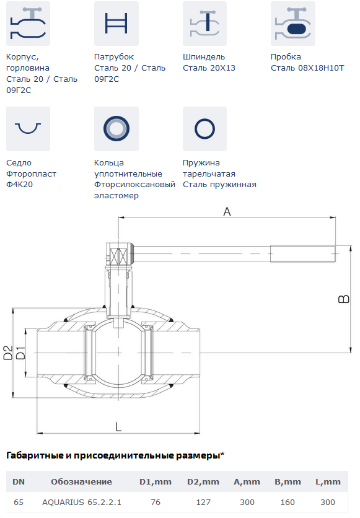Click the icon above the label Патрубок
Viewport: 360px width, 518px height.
coord(116,24)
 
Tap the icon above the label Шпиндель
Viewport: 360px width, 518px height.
coord(204,24)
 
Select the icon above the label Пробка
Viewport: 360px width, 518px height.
coord(293,24)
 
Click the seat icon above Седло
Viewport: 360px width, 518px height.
coord(28,128)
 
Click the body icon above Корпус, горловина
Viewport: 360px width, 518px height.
coord(28,24)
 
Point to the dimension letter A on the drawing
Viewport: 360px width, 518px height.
coord(227,212)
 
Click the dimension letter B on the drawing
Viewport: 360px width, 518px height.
coord(344,299)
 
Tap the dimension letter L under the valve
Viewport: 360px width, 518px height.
coord(118,427)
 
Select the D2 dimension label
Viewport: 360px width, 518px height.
coord(8,353)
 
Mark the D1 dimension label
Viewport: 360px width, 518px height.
coord(20,353)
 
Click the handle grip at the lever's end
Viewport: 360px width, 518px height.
coord(303,253)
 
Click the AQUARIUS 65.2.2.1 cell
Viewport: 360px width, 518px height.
coord(82,502)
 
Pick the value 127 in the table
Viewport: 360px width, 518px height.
coord(203,502)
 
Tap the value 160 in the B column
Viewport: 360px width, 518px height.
coord(288,502)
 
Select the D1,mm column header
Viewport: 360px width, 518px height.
coord(156,481)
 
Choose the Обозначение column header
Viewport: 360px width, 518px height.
coord(81,481)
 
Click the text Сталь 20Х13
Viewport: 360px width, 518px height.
coord(209,68)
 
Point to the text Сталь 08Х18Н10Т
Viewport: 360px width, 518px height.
coord(307,68)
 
